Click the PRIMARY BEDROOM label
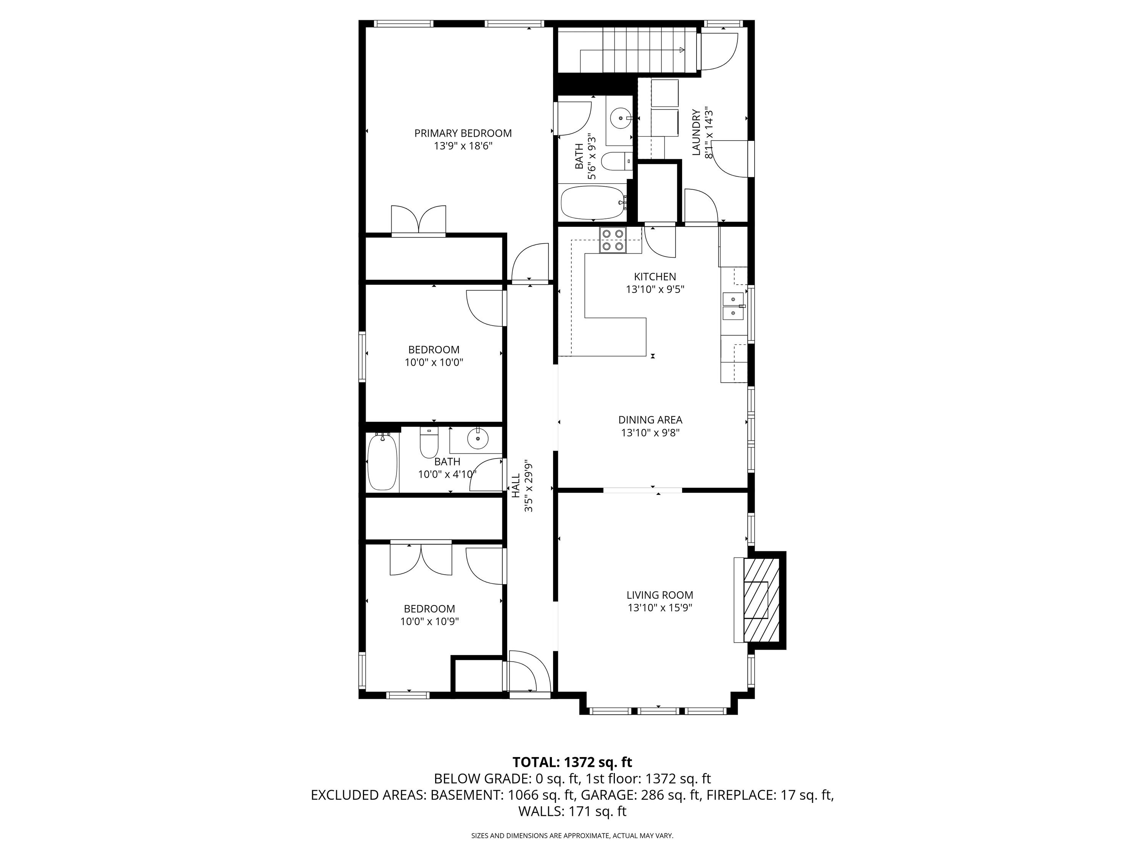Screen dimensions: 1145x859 [x=463, y=133]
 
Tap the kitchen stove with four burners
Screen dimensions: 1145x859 [x=613, y=240]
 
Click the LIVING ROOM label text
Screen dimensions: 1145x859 [x=660, y=596]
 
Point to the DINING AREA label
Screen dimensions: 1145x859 [x=650, y=420]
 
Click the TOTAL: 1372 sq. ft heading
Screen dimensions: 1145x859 [x=572, y=762]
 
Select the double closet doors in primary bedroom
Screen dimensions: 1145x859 [x=419, y=221]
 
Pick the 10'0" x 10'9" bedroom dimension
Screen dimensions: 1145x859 [x=430, y=621]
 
